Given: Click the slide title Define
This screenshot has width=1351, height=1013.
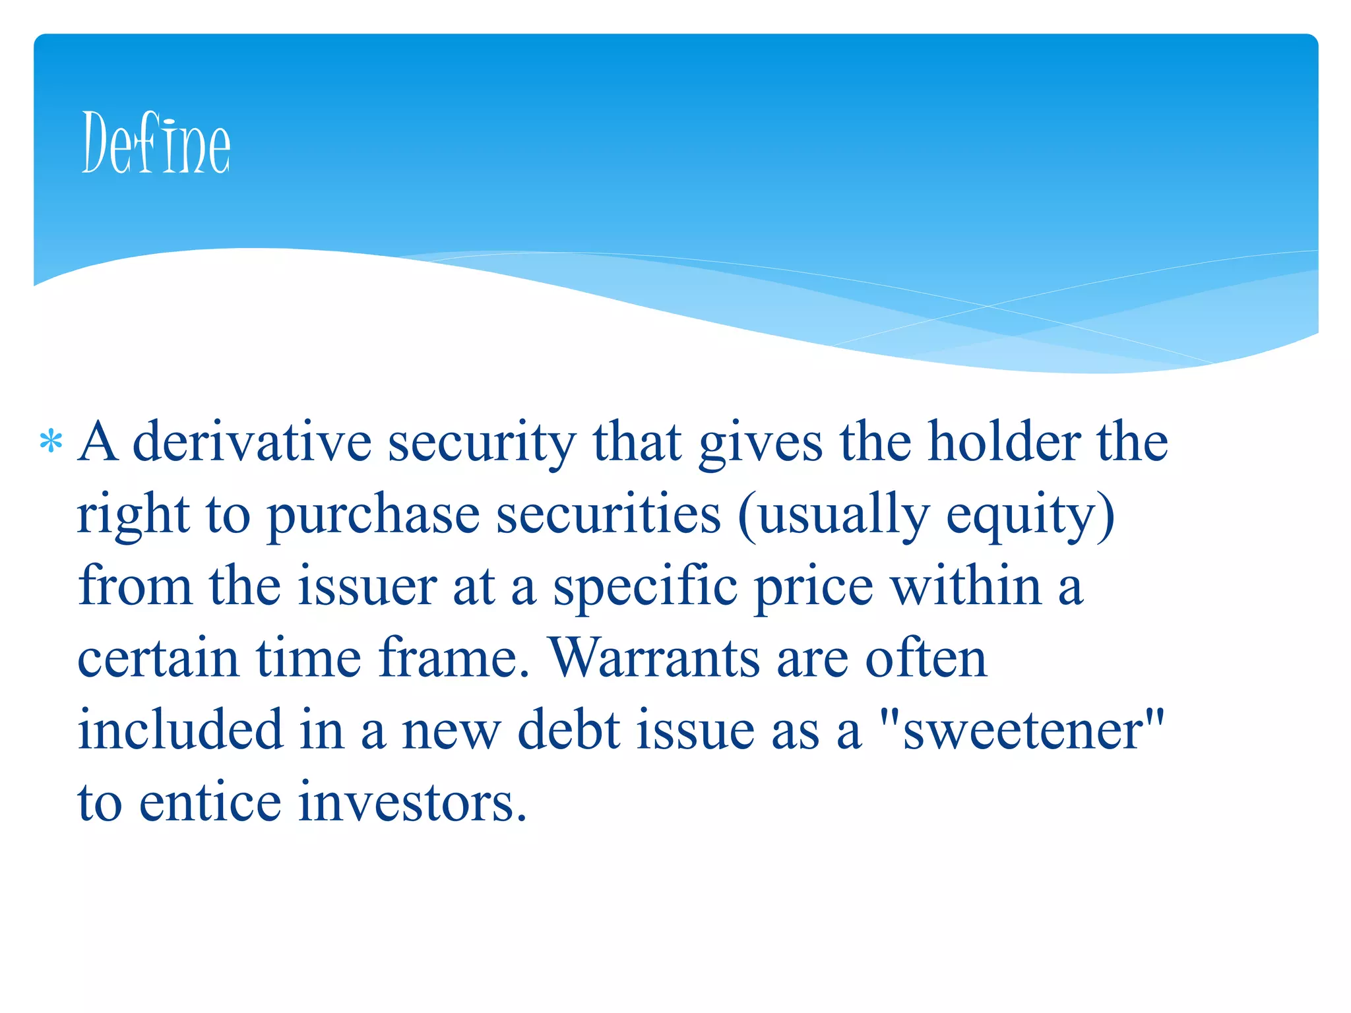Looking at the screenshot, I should click(x=156, y=142).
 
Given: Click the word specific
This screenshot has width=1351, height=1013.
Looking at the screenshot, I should click(x=644, y=587).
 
